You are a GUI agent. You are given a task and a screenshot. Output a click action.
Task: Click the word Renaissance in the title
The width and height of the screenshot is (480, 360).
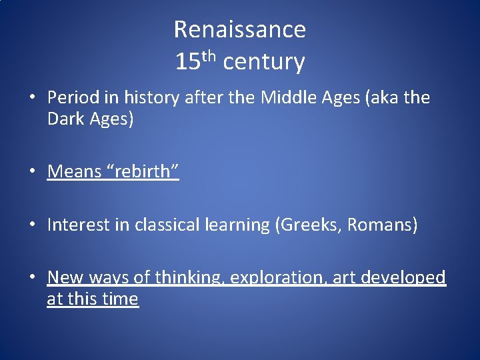tap(240, 29)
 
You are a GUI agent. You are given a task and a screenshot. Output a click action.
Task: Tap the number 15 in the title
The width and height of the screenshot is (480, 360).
tap(187, 62)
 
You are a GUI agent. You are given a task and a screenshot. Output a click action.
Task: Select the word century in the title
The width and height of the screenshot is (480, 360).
tap(264, 62)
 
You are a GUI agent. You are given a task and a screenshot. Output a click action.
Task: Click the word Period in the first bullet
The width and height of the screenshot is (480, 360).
tap(69, 98)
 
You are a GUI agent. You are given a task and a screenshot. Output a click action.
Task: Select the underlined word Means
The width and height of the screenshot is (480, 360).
tap(73, 171)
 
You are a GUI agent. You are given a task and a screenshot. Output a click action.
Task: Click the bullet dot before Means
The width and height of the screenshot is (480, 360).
tap(32, 171)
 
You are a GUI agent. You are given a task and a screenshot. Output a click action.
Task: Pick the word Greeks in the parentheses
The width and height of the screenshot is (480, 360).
tap(307, 225)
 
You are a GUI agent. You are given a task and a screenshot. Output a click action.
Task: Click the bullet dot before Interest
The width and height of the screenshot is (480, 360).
tap(32, 225)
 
